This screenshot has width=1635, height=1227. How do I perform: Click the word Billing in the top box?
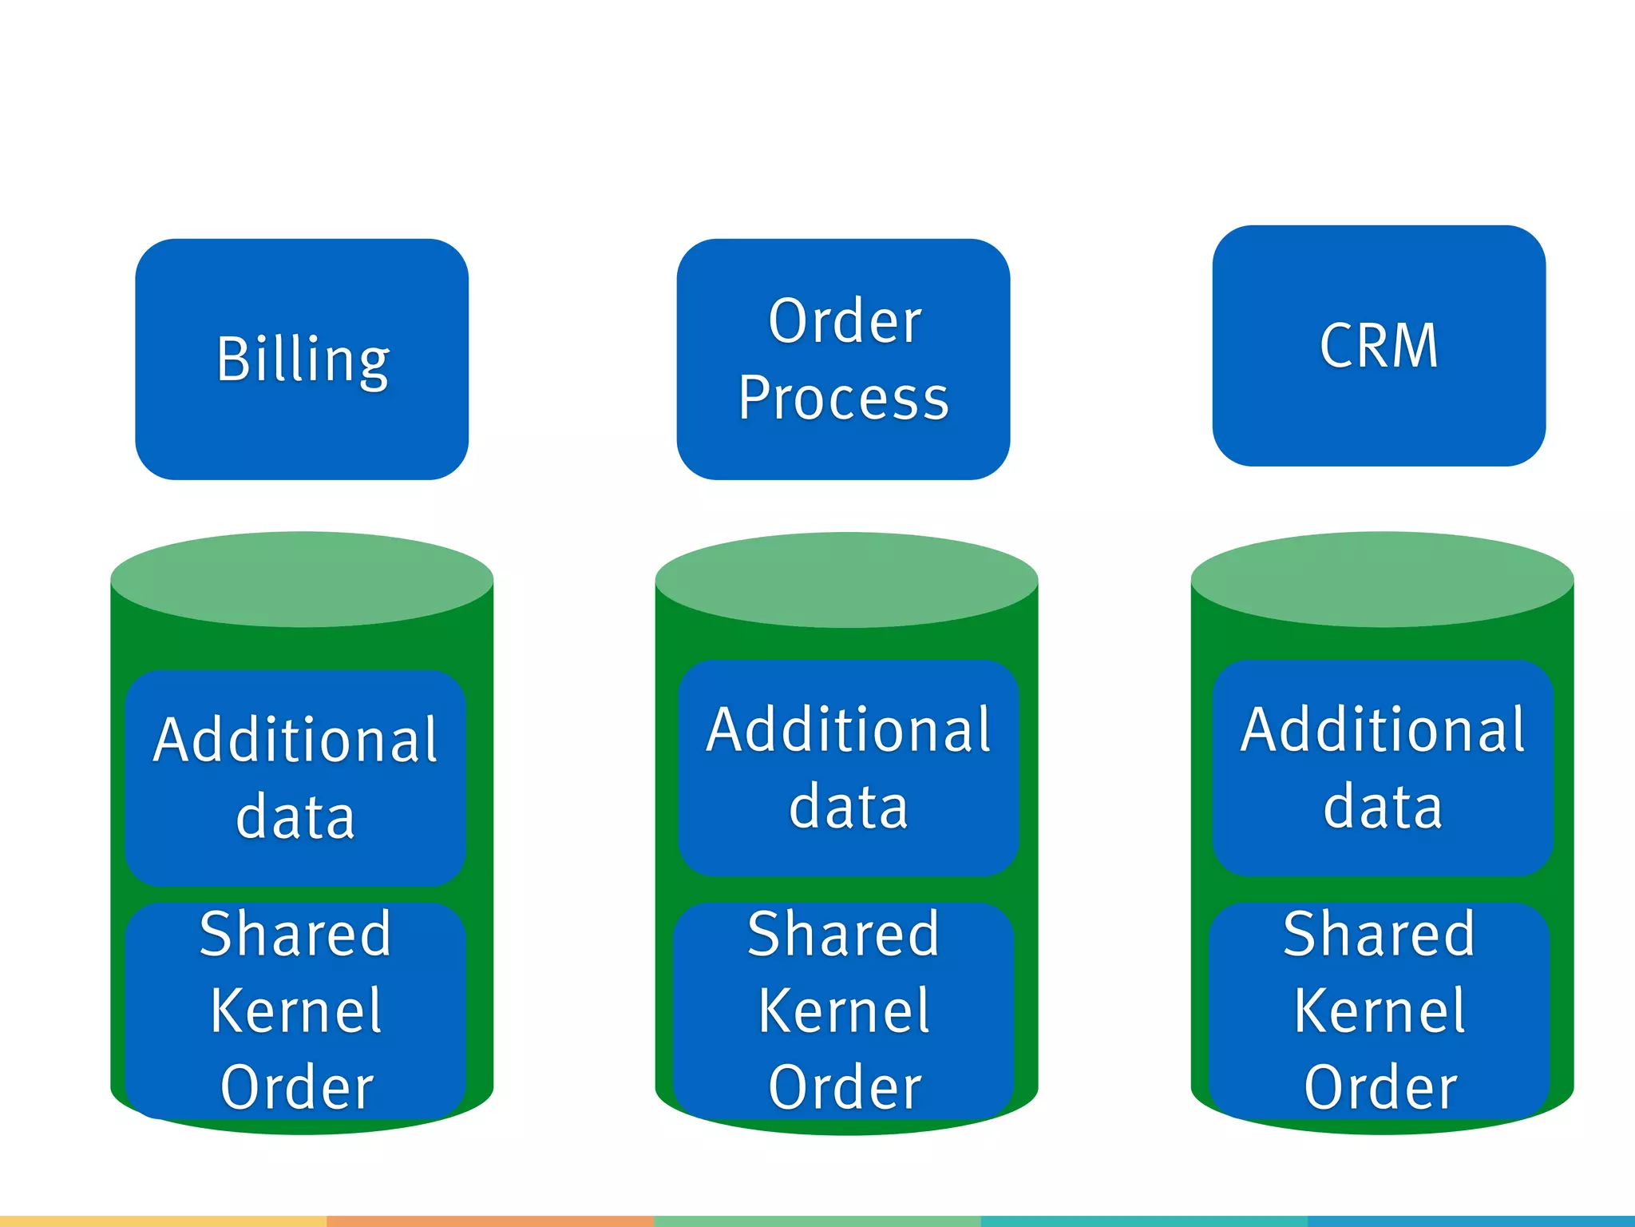coord(303,359)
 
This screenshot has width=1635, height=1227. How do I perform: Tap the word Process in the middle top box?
coord(843,398)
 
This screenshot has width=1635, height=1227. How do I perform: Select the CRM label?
coord(1379,346)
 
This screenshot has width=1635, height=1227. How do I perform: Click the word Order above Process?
coord(845,321)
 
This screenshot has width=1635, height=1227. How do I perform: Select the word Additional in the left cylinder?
coord(295,740)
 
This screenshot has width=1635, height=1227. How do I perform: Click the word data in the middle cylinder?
coord(848,807)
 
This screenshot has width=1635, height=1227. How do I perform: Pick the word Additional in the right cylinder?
coord(1383,730)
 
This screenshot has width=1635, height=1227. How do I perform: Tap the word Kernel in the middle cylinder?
coord(844,1011)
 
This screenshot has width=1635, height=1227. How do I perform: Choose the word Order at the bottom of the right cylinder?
coord(1380,1087)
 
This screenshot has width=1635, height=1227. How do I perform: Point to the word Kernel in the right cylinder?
coord(1380,1011)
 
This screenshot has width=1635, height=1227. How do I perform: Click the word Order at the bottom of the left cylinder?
coord(297,1087)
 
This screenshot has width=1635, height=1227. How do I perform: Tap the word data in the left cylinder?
coord(295,816)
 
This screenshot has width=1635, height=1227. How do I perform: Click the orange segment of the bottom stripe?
coord(490,1221)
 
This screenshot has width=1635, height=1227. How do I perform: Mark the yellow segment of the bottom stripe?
coord(163,1221)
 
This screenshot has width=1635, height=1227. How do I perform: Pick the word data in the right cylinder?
coord(1383,807)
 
